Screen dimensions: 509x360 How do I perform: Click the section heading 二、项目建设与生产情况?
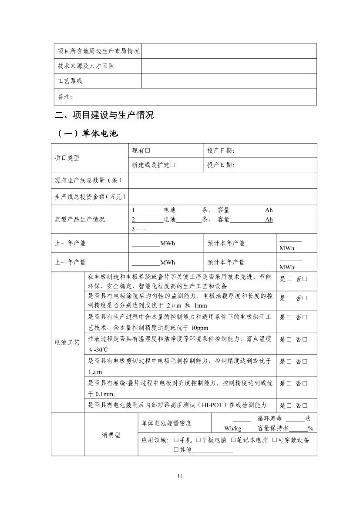coord(104,115)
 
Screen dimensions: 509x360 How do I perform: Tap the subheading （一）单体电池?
coord(87,134)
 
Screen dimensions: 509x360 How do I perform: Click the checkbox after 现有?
coord(148,151)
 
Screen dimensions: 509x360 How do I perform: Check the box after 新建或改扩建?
coord(173,165)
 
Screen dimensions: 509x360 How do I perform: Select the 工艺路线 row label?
coord(70,81)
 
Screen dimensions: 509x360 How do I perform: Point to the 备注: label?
coord(65,97)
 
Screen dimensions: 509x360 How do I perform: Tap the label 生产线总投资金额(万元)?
coord(90,197)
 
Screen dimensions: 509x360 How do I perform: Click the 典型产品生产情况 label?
coord(80,219)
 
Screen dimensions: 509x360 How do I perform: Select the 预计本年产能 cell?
coord(226,243)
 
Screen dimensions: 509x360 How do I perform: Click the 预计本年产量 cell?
coord(226,262)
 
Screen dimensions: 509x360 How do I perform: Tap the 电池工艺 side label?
coord(67,342)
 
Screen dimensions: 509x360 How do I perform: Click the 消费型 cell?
coord(111,435)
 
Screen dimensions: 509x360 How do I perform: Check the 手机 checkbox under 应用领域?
coord(176,440)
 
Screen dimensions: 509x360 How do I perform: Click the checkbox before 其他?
coord(176,450)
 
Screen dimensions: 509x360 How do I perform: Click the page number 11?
coord(180,476)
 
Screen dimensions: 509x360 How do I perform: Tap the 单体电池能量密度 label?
coord(166,423)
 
